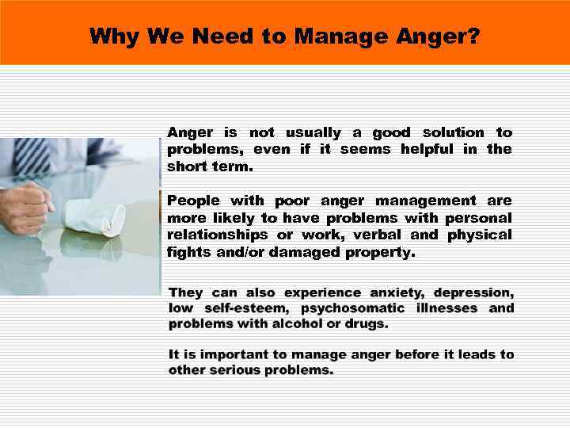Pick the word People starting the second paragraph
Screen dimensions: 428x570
pyautogui.click(x=193, y=201)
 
